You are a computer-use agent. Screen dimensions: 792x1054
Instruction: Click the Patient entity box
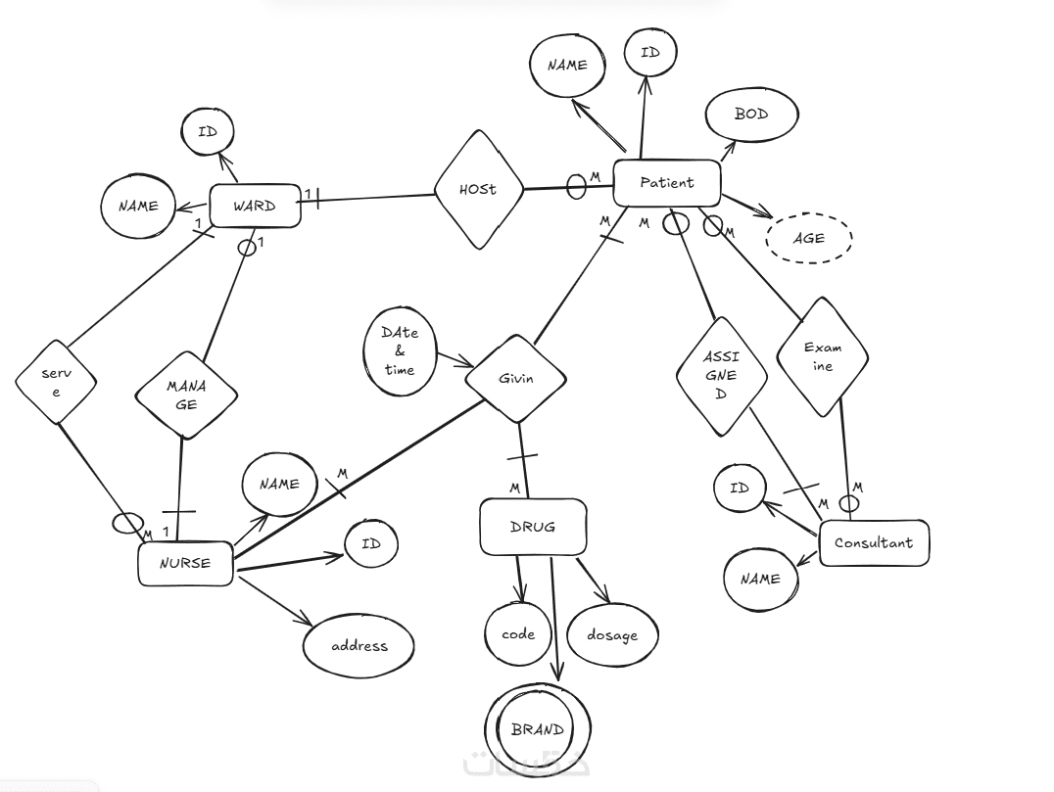tap(667, 183)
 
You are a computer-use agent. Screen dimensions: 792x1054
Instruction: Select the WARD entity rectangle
tap(254, 207)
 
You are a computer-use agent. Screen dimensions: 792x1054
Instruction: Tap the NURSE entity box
tap(186, 564)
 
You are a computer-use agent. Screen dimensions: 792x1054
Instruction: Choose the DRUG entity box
tap(533, 527)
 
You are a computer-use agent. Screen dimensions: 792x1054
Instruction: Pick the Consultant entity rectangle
tap(874, 543)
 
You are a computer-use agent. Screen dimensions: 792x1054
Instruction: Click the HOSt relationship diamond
tap(478, 189)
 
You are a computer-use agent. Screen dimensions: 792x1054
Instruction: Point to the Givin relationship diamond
tap(515, 379)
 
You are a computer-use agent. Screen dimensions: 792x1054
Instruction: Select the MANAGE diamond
tap(186, 395)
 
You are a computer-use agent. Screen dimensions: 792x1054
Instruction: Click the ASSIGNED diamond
tap(722, 376)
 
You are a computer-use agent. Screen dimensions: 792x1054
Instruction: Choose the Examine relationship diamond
tap(823, 356)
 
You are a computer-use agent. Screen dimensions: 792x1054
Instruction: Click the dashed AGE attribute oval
tap(809, 238)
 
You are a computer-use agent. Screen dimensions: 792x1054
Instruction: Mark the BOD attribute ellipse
tap(751, 115)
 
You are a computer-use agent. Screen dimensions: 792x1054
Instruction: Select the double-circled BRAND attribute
tap(538, 729)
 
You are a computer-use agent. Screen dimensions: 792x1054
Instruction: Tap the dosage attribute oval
tap(612, 635)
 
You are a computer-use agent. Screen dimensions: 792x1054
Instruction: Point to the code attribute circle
tap(518, 634)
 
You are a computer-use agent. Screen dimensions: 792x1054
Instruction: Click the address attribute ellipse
tap(359, 646)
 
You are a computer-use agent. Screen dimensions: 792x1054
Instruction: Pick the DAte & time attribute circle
tap(400, 350)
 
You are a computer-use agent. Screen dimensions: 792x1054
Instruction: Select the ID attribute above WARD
tap(208, 132)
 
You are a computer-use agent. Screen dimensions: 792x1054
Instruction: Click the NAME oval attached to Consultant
tap(760, 579)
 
